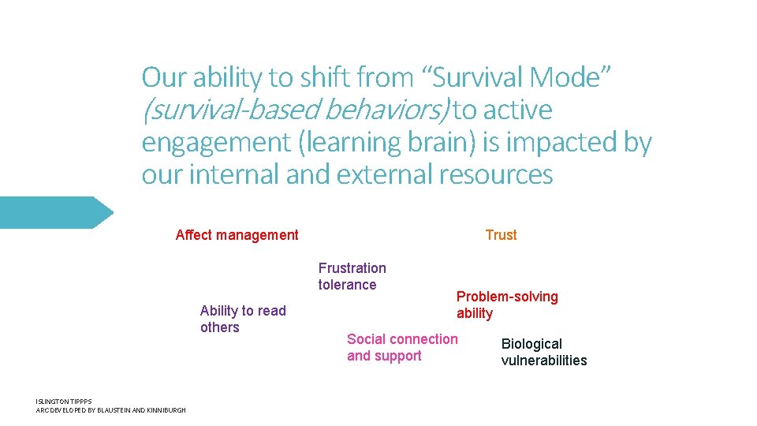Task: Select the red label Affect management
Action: tap(237, 235)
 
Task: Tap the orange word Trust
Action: tap(501, 235)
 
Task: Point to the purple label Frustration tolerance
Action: tap(352, 277)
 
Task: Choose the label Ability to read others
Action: tap(243, 319)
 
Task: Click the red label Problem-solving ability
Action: tap(506, 305)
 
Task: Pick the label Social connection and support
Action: tap(401, 347)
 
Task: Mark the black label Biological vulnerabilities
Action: tap(543, 353)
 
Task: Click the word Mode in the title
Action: tap(565, 77)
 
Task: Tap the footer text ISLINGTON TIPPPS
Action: tap(64, 402)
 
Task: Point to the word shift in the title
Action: tap(323, 77)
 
